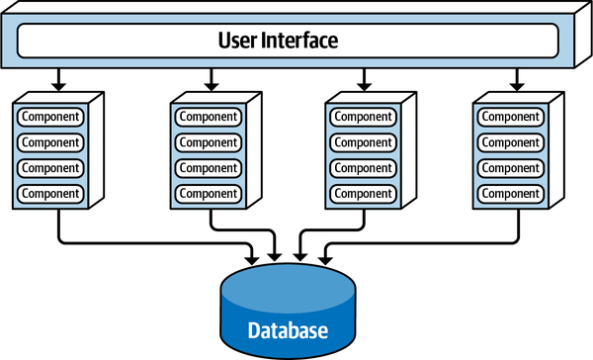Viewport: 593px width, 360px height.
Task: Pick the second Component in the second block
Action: (208, 141)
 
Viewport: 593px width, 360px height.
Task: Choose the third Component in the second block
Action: (208, 167)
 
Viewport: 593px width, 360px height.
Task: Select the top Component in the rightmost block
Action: (511, 117)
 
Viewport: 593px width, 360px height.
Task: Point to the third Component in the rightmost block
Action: (511, 167)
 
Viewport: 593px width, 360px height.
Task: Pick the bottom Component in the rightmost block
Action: (511, 192)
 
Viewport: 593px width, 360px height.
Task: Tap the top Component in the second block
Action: (208, 117)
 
